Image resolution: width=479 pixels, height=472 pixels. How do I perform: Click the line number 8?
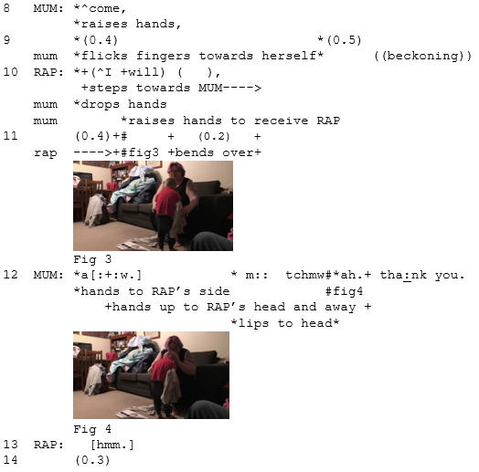(6, 8)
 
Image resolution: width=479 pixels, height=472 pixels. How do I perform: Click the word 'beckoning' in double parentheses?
(423, 56)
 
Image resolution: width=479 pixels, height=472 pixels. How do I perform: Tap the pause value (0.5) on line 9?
(344, 40)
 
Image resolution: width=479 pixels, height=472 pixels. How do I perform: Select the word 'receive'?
(282, 121)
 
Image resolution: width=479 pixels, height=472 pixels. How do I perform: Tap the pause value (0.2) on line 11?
(214, 136)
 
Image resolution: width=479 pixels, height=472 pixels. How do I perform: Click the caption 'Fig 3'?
(92, 259)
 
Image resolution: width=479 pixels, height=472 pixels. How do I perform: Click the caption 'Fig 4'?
(92, 429)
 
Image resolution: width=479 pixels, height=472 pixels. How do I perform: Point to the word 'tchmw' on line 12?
(305, 275)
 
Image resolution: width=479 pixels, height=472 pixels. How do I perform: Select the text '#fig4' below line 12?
(344, 291)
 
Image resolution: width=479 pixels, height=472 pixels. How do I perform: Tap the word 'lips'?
(253, 323)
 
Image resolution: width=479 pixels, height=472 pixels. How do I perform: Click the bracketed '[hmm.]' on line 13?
(112, 445)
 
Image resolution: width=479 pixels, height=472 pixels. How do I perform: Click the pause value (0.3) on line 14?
(92, 460)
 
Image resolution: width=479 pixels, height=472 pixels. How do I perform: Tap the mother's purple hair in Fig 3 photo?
(176, 168)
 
